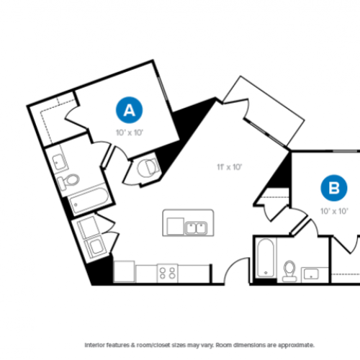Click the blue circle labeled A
tap(129, 110)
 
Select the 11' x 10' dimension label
tap(230, 167)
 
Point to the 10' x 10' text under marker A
tap(129, 132)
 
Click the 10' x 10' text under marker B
tap(334, 211)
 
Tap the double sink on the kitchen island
tap(194, 228)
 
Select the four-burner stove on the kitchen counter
tap(168, 273)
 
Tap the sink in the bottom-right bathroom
tap(312, 274)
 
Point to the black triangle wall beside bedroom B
tap(282, 171)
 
